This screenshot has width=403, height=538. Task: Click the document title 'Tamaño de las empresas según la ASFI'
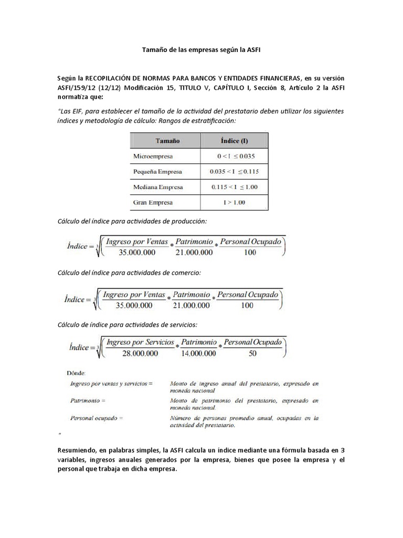pyautogui.click(x=201, y=50)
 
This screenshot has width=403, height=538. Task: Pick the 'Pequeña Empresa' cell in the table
pyautogui.click(x=158, y=172)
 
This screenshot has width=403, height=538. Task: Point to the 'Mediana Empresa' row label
pyautogui.click(x=158, y=187)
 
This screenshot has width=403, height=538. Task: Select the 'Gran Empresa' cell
pyautogui.click(x=153, y=202)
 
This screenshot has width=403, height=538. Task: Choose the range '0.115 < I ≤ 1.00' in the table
pyautogui.click(x=234, y=187)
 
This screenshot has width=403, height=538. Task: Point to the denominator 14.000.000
pyautogui.click(x=198, y=354)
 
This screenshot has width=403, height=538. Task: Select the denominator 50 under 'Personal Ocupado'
pyautogui.click(x=252, y=354)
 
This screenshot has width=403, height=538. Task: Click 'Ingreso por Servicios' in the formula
pyautogui.click(x=140, y=342)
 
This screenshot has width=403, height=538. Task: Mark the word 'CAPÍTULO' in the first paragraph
pyautogui.click(x=215, y=87)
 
